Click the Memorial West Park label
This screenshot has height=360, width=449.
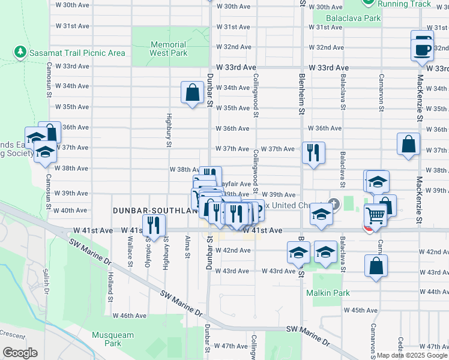168,49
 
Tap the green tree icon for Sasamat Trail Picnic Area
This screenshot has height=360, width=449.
20,53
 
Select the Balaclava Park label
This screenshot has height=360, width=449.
346,18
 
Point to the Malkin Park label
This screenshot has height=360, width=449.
328,293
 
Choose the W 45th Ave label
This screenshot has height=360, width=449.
361,310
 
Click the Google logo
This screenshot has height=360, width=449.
20,353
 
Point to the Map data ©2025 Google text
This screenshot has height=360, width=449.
411,355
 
